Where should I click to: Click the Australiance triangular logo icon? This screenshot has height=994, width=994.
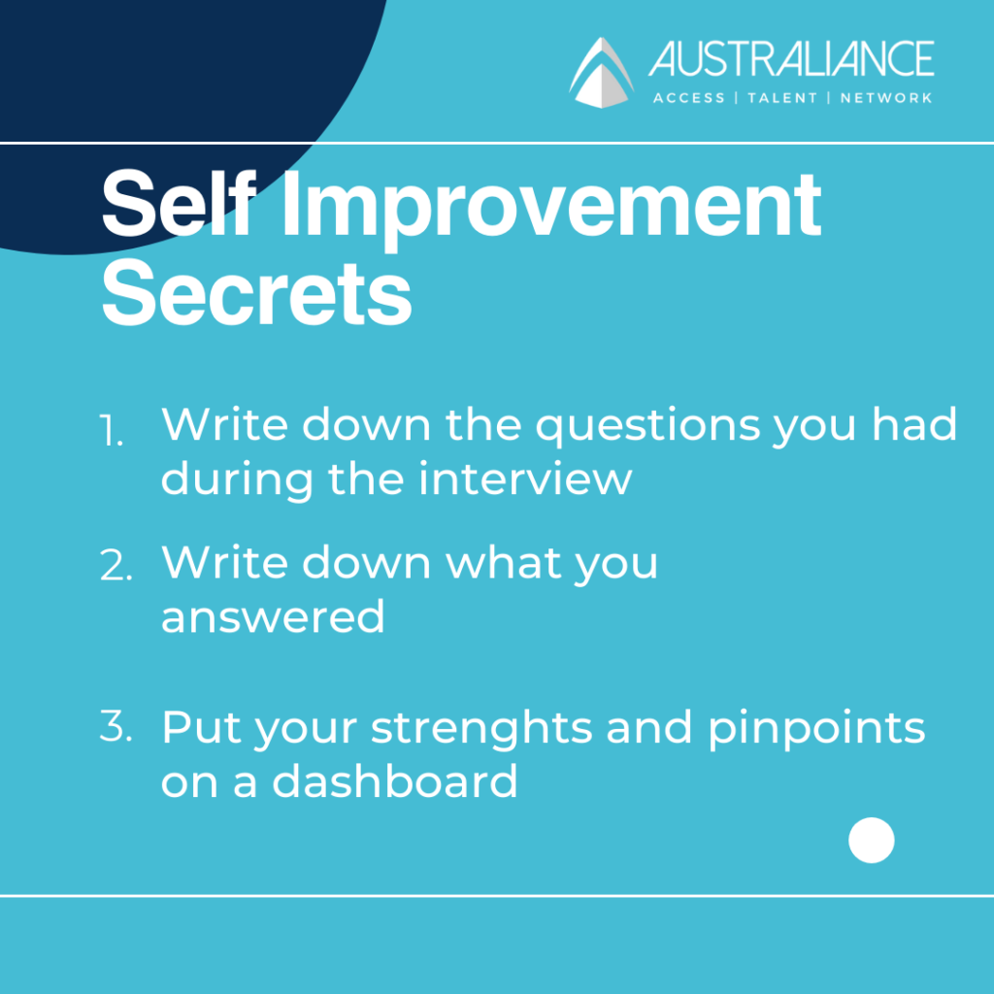click(x=601, y=72)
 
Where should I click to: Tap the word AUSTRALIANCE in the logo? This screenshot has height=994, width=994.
click(x=791, y=59)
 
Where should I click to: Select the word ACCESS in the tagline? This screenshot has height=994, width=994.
click(x=689, y=98)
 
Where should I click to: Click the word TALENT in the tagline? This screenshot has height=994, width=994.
click(x=782, y=98)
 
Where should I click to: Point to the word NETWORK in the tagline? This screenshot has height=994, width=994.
click(x=886, y=98)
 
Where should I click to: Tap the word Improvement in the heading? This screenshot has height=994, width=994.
click(x=551, y=210)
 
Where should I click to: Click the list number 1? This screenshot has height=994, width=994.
click(x=112, y=431)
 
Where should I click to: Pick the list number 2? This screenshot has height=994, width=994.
click(x=116, y=565)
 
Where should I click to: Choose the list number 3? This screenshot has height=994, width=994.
click(x=116, y=726)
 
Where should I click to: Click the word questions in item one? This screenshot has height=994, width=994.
click(x=647, y=427)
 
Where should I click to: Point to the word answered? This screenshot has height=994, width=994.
click(x=273, y=615)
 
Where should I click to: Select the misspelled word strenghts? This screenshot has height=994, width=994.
click(x=481, y=729)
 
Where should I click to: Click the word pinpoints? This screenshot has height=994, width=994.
click(x=816, y=729)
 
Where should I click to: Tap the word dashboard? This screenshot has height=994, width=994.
click(x=395, y=780)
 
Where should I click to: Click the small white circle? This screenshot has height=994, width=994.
click(x=872, y=840)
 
